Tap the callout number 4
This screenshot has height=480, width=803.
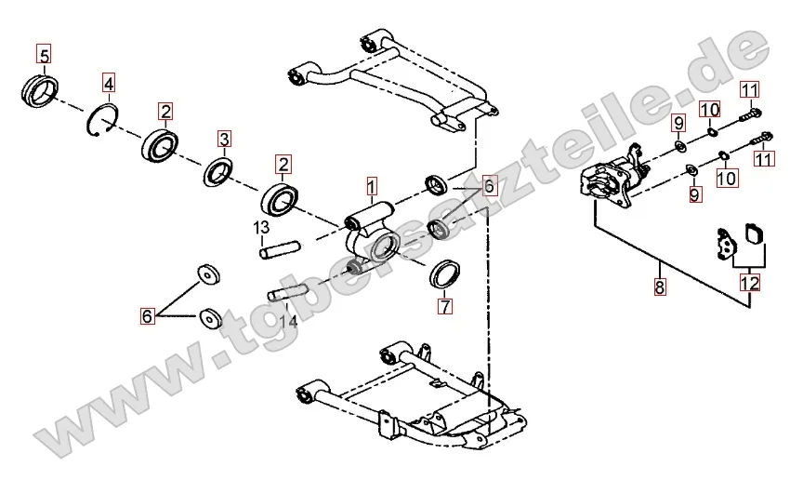tap(109, 85)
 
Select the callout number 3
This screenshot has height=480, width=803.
tap(224, 140)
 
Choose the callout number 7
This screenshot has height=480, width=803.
tap(444, 305)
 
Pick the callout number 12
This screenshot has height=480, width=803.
tap(749, 283)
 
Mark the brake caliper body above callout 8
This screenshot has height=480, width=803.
tap(608, 181)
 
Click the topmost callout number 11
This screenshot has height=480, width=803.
tap(750, 90)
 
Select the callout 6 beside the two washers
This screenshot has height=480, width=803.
tap(147, 316)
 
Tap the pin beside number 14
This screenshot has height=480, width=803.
tap(288, 294)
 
